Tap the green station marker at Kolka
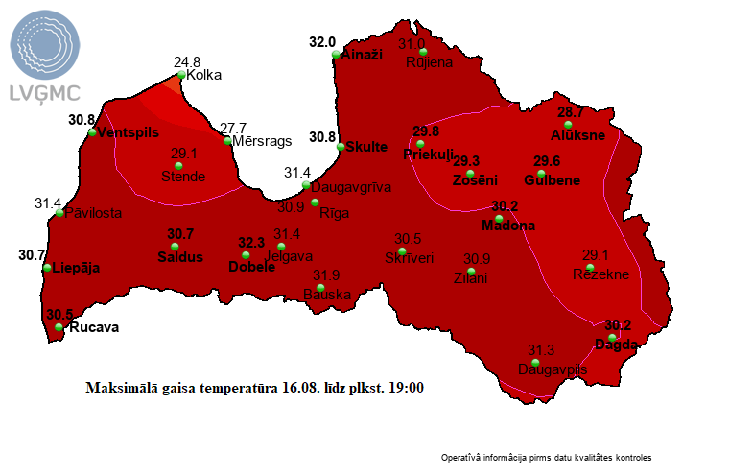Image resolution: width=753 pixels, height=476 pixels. pos(180,75)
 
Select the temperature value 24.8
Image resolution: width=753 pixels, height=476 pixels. pos(186,62)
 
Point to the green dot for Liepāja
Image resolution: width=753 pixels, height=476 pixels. pos(47,268)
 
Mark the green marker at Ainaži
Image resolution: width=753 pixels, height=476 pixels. pos(336,56)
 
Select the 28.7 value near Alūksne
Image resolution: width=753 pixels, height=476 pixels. pos(571,112)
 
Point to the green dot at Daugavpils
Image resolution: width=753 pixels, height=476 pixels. pos(535,362)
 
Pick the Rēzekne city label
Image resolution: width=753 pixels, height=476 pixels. pos(600,274)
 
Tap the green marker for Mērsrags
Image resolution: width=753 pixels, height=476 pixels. pos(227,141)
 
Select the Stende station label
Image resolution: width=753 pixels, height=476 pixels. pos(182,177)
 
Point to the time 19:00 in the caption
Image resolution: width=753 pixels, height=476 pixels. pos(405,389)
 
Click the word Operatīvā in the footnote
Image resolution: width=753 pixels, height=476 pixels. pos(462,458)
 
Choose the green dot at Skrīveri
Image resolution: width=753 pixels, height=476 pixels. pos(402,250)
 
